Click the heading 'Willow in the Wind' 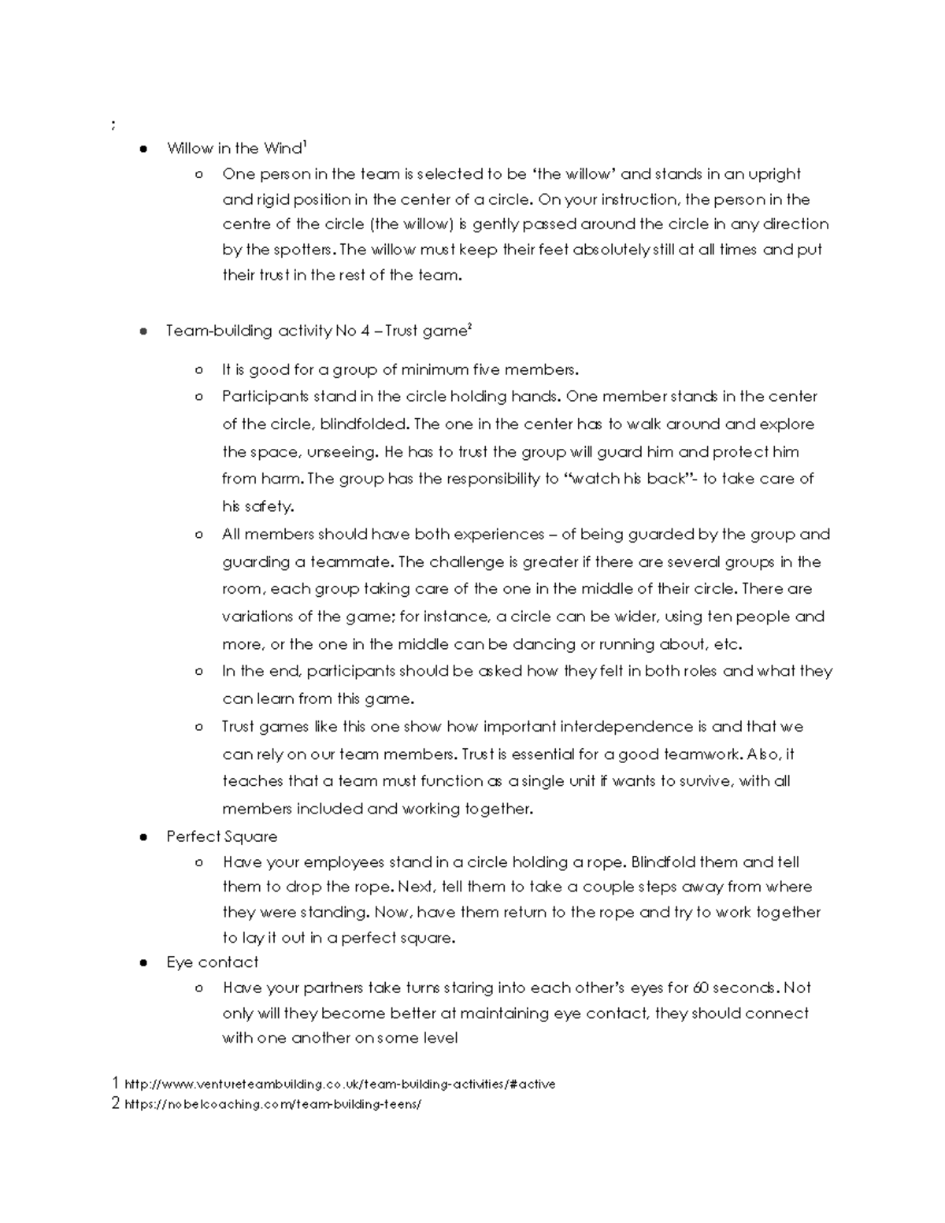[x=235, y=149]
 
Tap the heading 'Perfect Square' [x=221, y=836]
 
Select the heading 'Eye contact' [x=212, y=962]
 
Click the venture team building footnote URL [x=339, y=1084]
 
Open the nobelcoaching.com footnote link [x=272, y=1104]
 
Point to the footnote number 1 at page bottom [x=116, y=1084]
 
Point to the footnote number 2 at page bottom [x=116, y=1103]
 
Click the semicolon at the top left [x=114, y=124]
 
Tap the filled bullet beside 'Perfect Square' [x=143, y=837]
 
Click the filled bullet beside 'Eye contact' [x=143, y=963]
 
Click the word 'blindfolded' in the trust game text [x=364, y=424]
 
